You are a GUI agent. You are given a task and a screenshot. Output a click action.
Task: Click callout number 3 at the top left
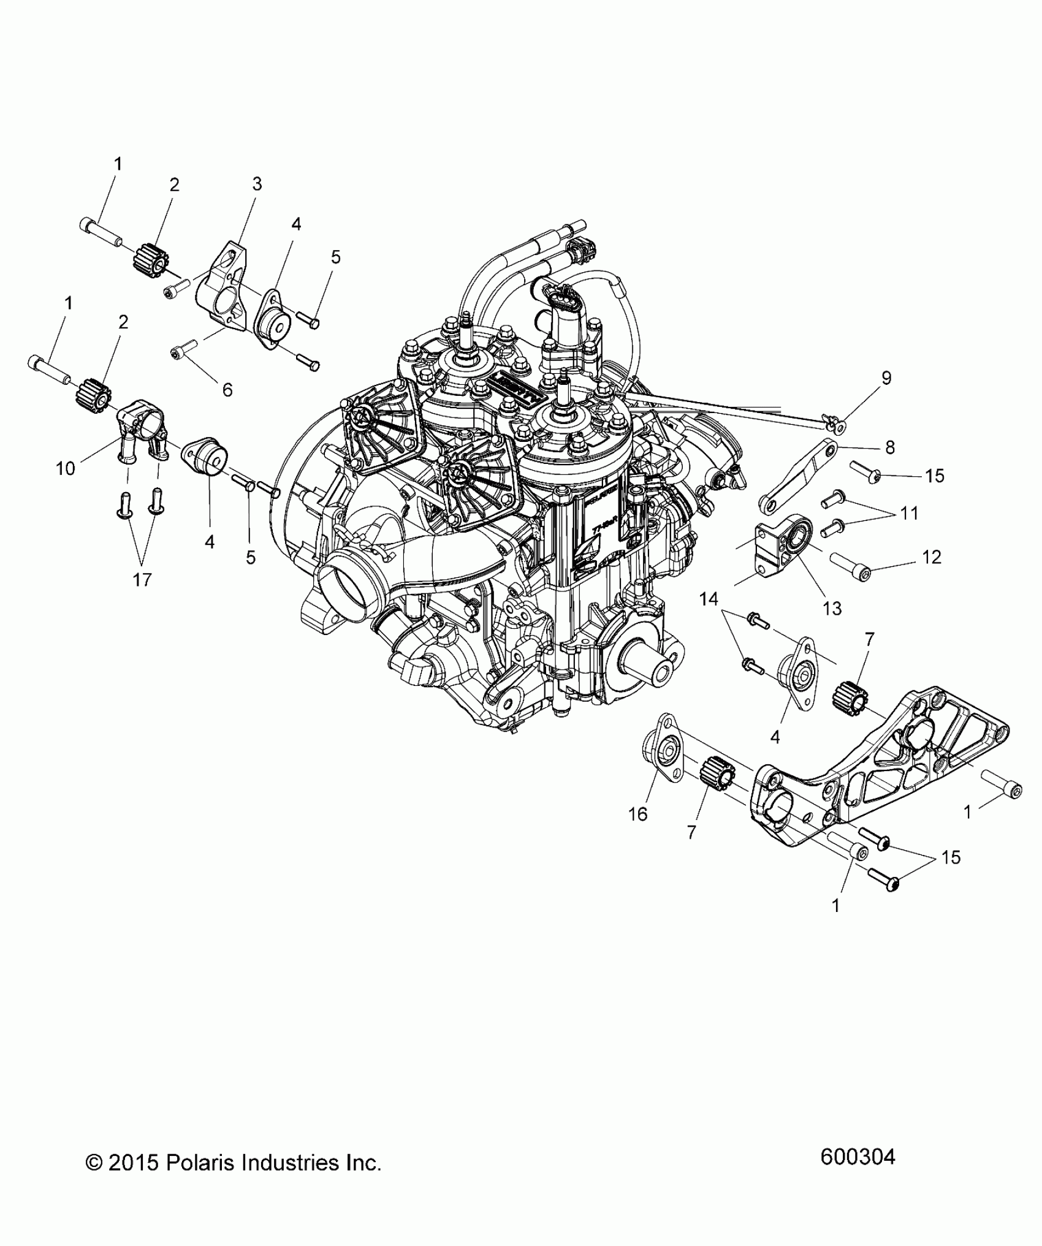(257, 183)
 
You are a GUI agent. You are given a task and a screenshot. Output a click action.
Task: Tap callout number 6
(227, 389)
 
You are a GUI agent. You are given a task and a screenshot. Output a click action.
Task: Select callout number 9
(886, 378)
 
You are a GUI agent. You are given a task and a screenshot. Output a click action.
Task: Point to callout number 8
(889, 447)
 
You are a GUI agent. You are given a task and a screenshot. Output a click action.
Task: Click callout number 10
(66, 468)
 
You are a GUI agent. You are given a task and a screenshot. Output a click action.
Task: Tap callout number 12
(932, 557)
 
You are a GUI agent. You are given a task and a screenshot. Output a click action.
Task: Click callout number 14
(709, 598)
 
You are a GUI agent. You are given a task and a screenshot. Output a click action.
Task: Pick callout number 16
(638, 813)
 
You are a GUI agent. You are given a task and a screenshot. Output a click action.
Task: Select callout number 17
(142, 579)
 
